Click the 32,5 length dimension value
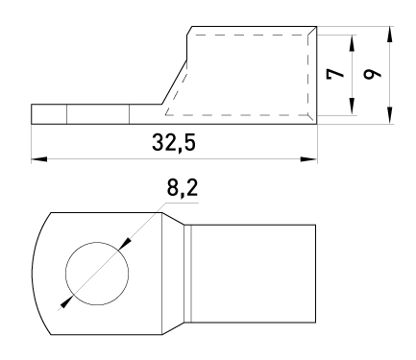(174, 143)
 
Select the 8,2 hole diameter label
(183, 188)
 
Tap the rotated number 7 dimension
(335, 74)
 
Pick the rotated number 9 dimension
(373, 74)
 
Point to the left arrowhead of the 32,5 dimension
(39, 159)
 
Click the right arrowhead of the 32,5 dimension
(309, 159)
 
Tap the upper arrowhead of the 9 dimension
(389, 35)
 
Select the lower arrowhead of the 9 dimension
(389, 115)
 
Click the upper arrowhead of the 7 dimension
(352, 43)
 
